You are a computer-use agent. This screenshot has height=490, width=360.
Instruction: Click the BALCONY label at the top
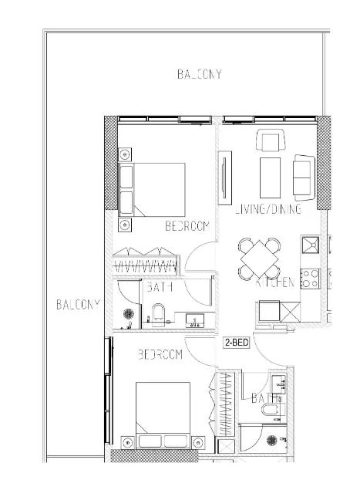pos(200,75)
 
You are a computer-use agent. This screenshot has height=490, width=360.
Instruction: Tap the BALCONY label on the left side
pos(78,304)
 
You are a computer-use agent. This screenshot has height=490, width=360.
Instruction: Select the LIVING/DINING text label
pos(267,210)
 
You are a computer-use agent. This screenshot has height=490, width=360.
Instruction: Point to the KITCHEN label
pos(274,283)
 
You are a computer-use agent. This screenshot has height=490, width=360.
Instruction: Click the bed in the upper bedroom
pos(160,188)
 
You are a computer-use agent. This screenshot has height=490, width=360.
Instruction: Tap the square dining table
pos(261,259)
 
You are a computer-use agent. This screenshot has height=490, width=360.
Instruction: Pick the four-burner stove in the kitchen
pos(311,278)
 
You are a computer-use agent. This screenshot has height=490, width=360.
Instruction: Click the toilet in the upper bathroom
pos(158,314)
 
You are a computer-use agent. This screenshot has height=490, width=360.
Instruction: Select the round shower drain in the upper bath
pos(129,316)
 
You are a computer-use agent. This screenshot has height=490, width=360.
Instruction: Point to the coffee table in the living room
pos(271,177)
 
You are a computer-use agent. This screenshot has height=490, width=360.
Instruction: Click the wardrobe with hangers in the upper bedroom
pos(146,261)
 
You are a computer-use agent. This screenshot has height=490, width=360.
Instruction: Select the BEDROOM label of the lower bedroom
pos(160,355)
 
